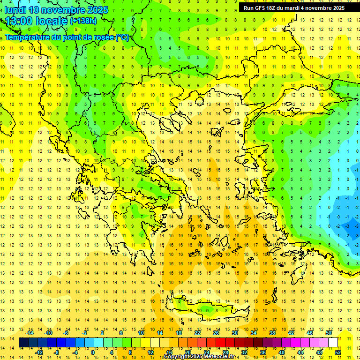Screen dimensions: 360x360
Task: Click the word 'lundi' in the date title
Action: [15, 10]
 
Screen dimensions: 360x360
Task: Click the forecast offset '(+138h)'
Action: [83, 21]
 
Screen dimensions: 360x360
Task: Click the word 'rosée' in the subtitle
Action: [103, 37]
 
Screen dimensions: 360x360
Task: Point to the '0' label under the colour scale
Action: [93, 352]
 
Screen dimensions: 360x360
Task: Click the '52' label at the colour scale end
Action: [338, 352]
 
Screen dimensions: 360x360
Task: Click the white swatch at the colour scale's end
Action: [333, 343]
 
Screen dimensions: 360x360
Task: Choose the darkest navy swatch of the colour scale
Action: [23, 343]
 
